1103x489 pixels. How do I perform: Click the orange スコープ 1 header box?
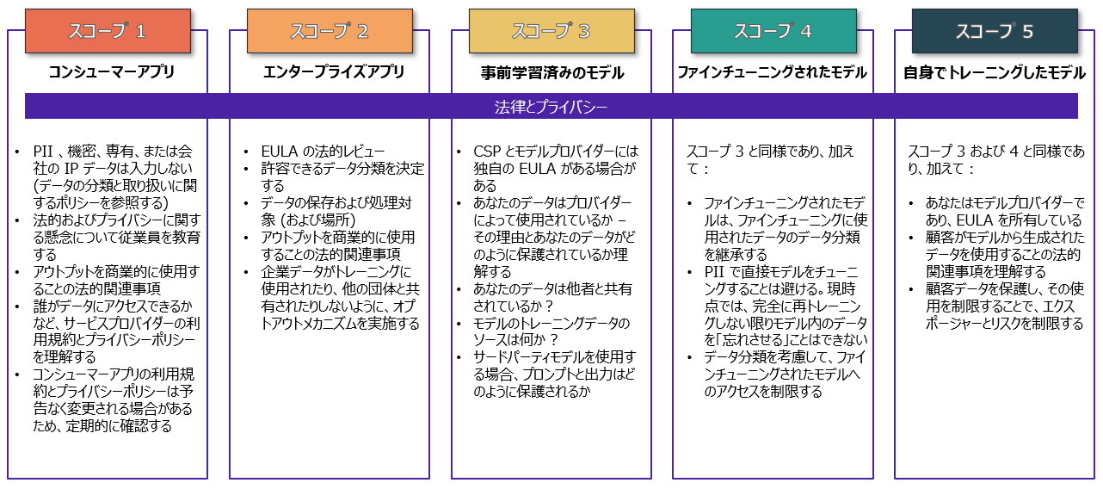coord(108,32)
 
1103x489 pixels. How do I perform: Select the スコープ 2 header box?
coord(330,32)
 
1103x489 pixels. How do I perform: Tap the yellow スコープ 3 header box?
coord(551,32)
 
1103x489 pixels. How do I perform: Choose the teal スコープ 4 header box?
coord(773,32)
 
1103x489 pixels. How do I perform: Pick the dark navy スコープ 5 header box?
coord(995,32)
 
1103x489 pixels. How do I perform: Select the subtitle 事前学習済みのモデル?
coord(551,73)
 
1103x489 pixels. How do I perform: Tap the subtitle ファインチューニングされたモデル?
coord(772,73)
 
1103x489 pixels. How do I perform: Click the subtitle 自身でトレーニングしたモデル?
coord(994,73)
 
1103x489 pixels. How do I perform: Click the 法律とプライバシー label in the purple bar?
coord(551,107)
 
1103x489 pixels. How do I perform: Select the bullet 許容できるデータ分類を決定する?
coord(342,176)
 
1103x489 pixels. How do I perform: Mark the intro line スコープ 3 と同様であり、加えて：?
coord(770,160)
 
